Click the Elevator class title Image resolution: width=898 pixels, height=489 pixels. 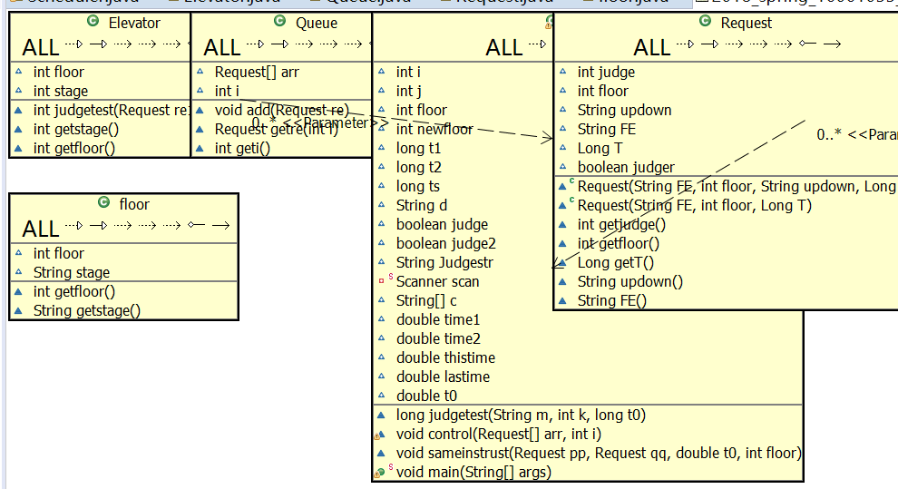coord(134,24)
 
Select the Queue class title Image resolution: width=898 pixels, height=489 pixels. coord(317,24)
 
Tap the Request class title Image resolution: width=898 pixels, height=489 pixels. coord(746,24)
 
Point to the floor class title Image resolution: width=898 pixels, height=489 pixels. coord(133,205)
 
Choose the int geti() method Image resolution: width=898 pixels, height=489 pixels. coord(242,148)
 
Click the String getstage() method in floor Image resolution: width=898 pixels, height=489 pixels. coord(87,310)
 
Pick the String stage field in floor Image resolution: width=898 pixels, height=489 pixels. coord(72,272)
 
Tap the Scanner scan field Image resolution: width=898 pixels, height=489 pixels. coord(438,281)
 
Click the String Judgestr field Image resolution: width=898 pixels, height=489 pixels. coord(444,262)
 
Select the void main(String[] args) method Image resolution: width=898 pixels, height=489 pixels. coord(473,472)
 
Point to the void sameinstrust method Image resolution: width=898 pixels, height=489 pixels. coord(599,453)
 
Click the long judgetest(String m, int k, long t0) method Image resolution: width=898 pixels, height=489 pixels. coord(521,416)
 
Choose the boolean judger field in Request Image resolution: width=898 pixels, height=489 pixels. coord(626,167)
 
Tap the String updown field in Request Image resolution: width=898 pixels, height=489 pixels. coord(624,110)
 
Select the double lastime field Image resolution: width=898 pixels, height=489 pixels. coord(443,377)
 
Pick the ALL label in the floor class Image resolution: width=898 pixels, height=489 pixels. coord(41,229)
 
